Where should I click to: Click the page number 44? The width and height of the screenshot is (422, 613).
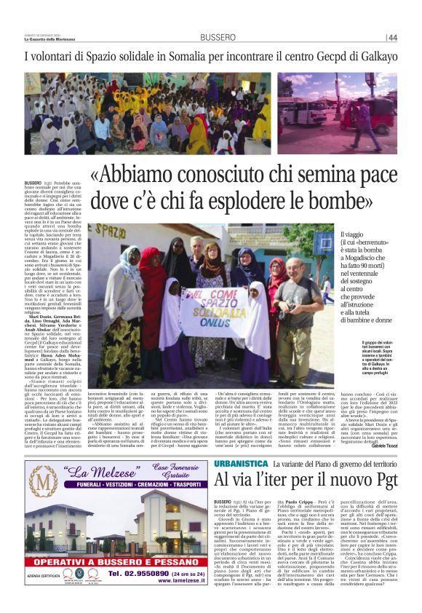393,37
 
